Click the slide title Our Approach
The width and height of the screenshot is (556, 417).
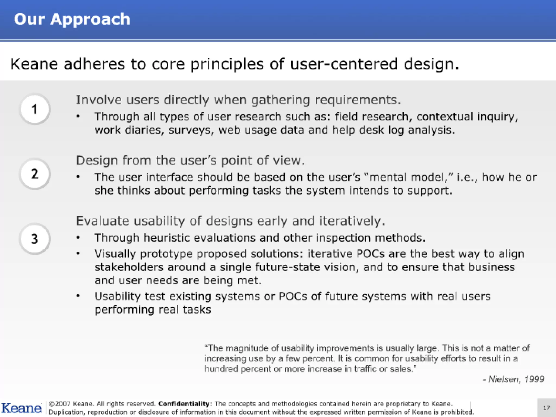(72, 20)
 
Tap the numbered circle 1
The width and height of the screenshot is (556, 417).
(35, 109)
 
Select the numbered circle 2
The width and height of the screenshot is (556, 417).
(35, 174)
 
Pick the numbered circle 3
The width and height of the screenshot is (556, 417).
(35, 239)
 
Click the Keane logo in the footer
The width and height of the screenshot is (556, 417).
(21, 408)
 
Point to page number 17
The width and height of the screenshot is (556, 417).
(546, 408)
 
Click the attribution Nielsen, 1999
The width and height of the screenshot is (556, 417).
(513, 379)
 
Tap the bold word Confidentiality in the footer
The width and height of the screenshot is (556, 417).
(184, 404)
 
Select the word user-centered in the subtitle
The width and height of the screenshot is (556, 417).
(344, 64)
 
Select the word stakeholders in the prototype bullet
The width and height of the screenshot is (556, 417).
(129, 267)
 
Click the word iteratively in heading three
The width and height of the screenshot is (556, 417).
(352, 221)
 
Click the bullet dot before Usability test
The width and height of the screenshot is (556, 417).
(78, 296)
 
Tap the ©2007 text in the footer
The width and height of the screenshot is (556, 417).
(59, 404)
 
